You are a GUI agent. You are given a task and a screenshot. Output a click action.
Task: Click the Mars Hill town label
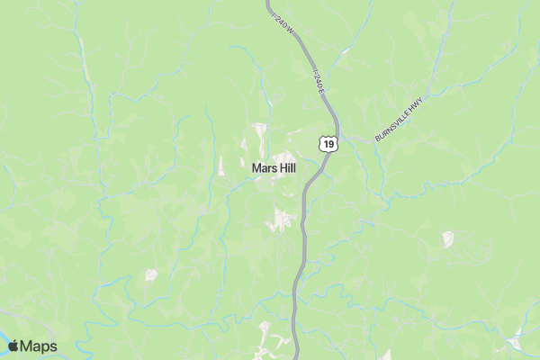coord(274,167)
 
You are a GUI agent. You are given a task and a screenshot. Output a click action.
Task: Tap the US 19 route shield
coord(329,142)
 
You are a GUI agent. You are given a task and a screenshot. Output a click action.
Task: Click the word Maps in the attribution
coord(39,346)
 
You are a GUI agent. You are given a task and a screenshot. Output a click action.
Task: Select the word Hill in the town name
coord(288,167)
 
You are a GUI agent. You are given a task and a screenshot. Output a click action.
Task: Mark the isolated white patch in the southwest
coord(151,274)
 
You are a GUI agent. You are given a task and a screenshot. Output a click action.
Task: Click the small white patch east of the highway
coord(447,238)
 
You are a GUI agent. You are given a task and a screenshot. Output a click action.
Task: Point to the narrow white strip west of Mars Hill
coord(221,166)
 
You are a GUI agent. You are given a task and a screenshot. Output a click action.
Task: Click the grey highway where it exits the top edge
coord(270,3)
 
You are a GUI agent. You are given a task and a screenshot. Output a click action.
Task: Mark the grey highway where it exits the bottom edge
coord(296,356)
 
